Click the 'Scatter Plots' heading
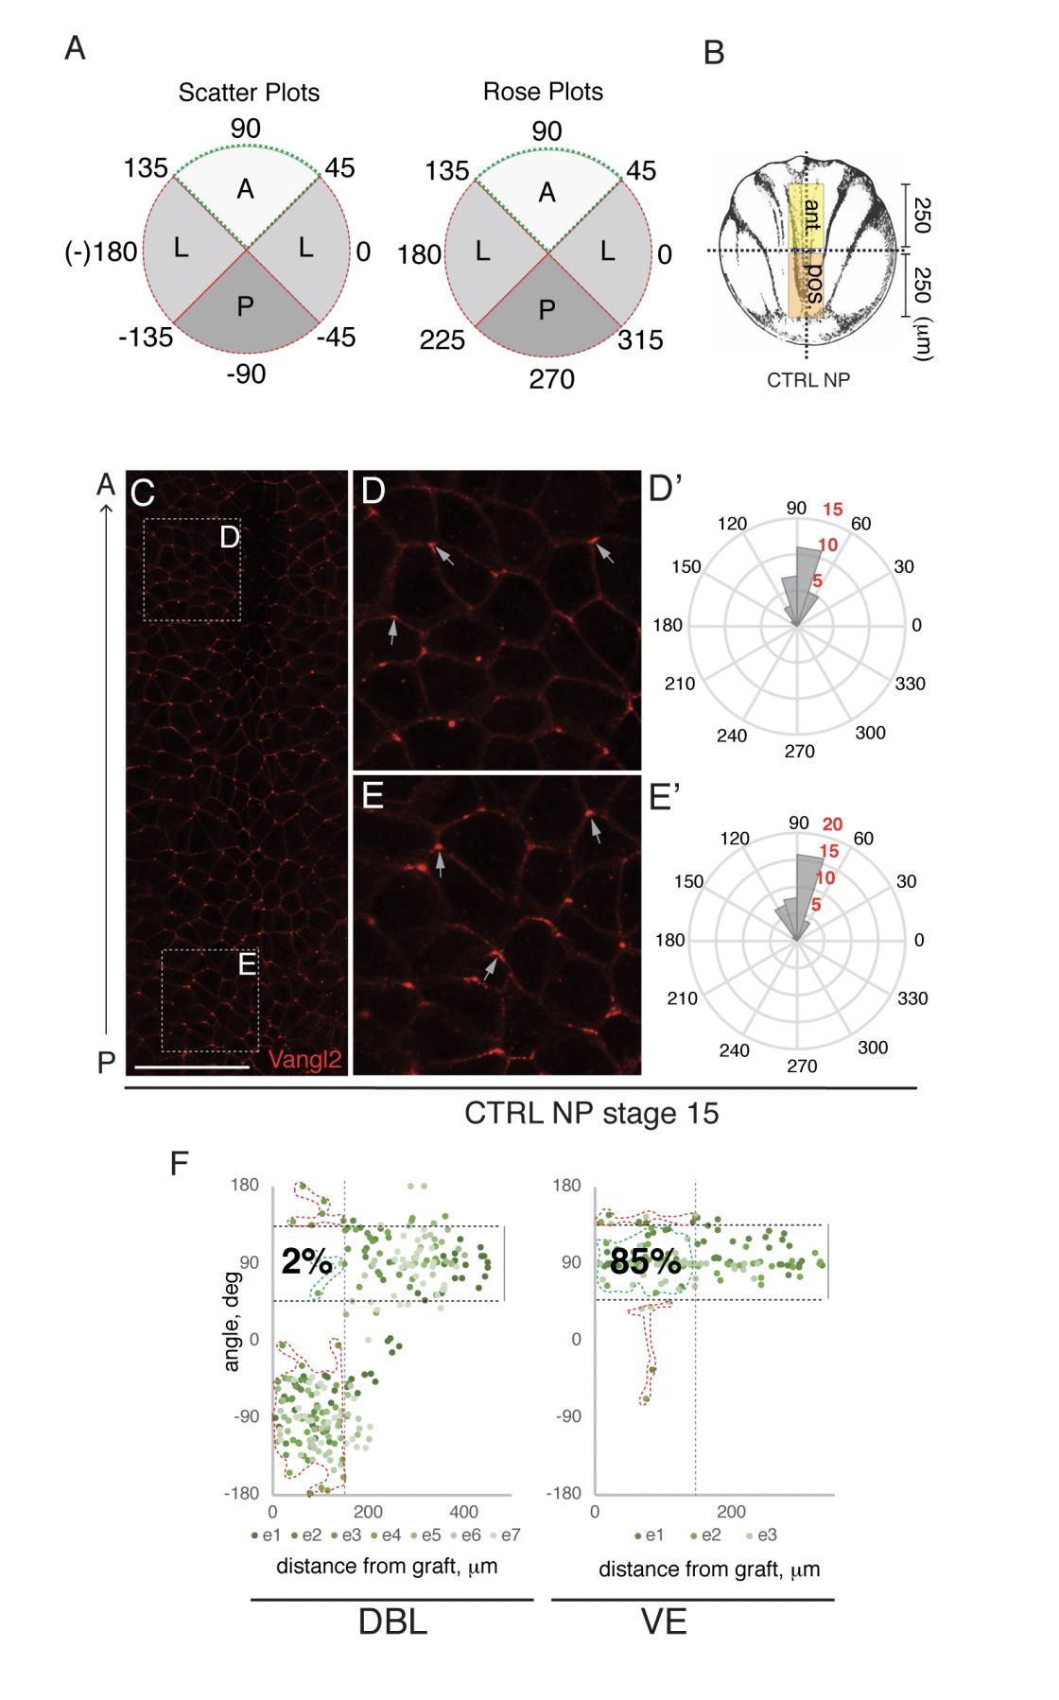249,93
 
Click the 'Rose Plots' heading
543,92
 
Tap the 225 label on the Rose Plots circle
442,338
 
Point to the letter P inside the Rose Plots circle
546,310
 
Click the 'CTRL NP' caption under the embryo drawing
808,381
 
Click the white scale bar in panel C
192,1067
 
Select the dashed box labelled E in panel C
210,1000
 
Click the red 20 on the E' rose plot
832,824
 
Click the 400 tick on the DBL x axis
463,1511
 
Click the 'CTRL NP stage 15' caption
591,1113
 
